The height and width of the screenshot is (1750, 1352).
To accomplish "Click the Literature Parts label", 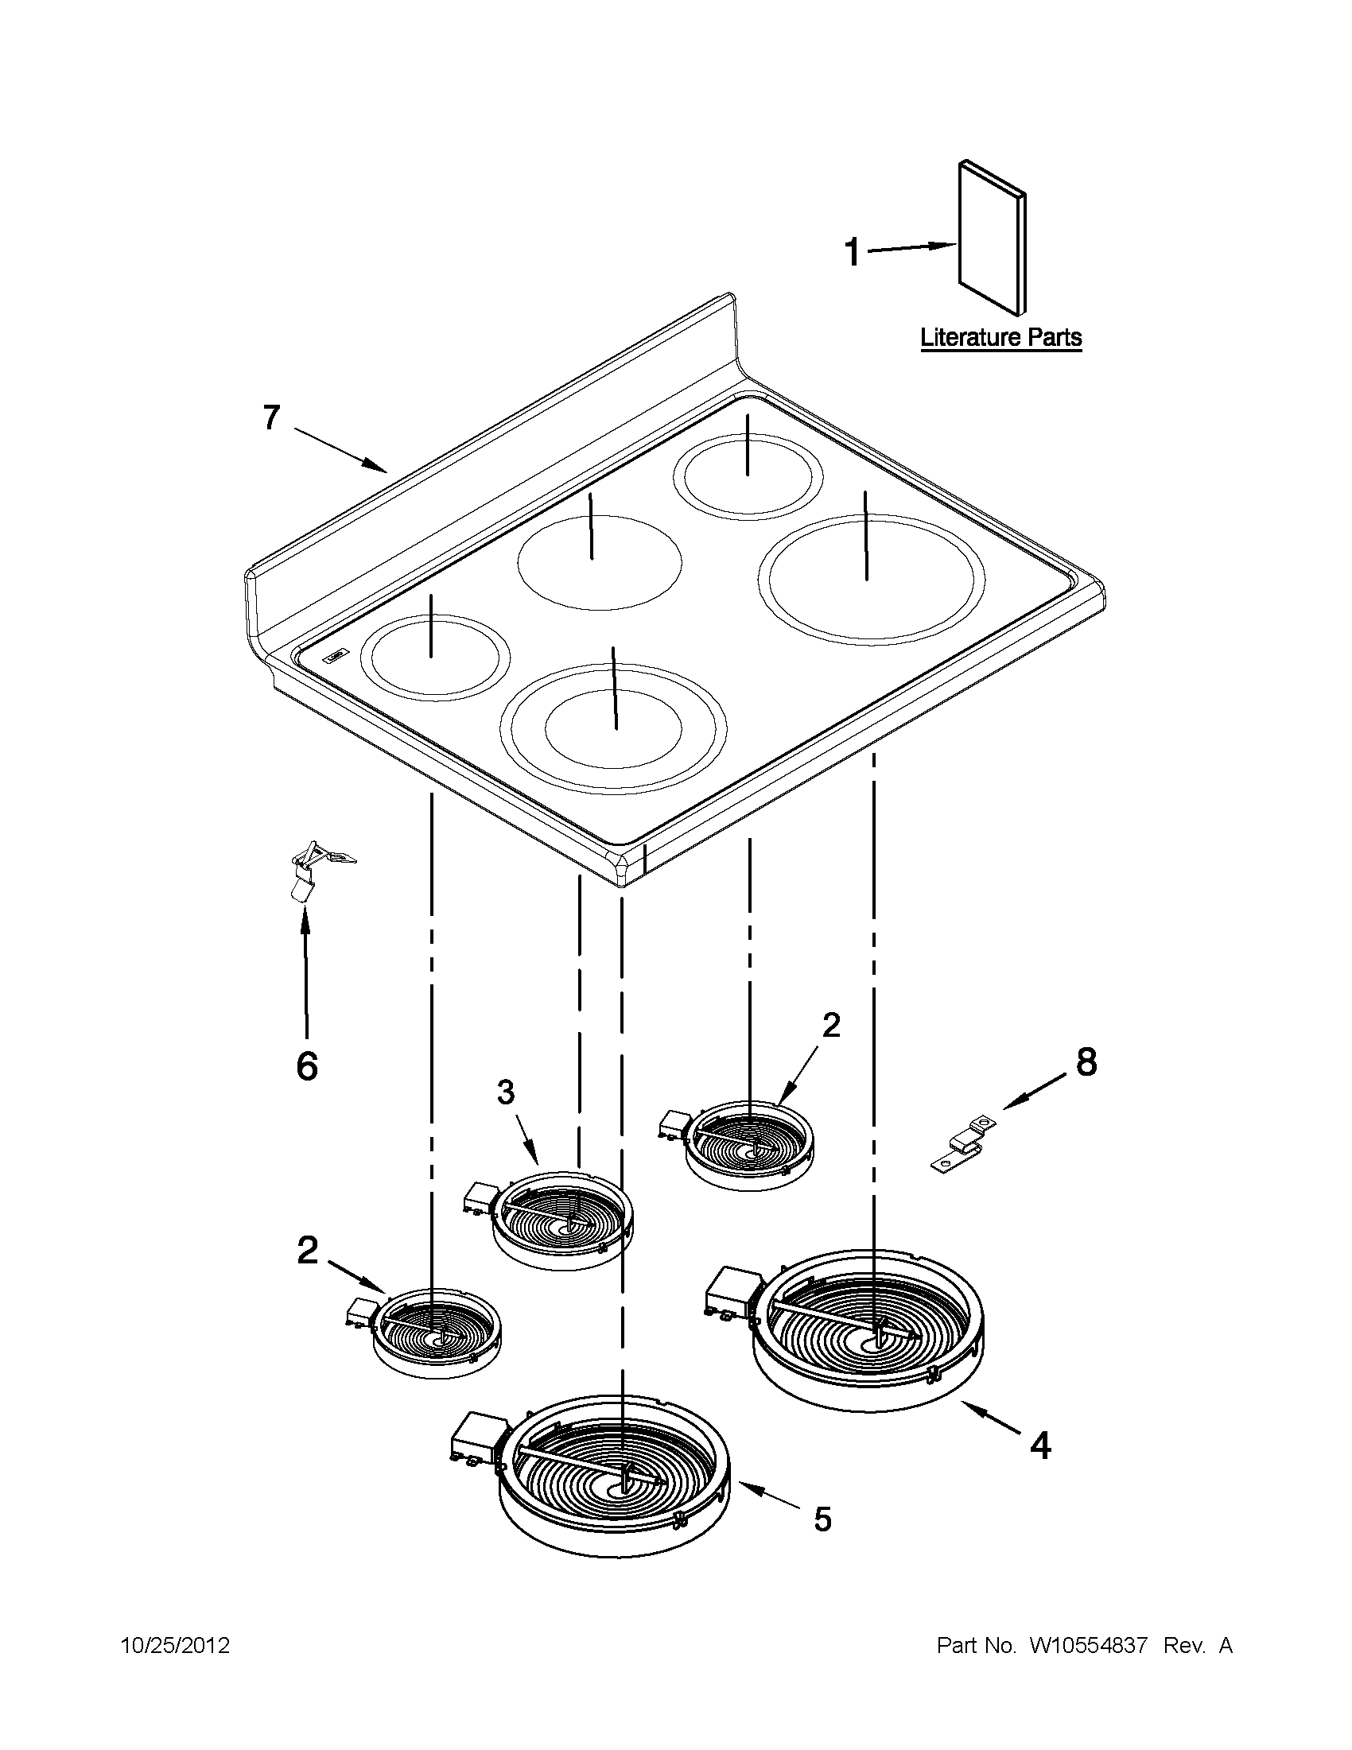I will [x=1001, y=337].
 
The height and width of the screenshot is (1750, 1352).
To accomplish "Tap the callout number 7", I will [x=273, y=417].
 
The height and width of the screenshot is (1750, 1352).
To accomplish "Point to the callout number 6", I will [x=307, y=1065].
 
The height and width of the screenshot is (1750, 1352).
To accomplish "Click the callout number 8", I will [x=1086, y=1061].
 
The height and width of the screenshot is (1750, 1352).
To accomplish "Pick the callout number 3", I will [x=505, y=1092].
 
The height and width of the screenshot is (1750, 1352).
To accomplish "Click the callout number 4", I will [x=1039, y=1445].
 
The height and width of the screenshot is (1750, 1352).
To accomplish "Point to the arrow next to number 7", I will [x=341, y=449].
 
